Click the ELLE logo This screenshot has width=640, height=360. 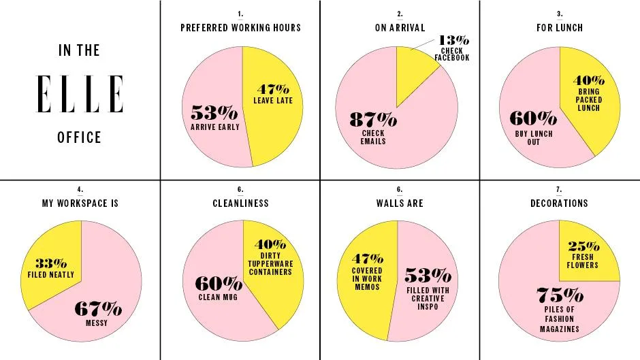coord(80,94)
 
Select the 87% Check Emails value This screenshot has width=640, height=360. coord(373,120)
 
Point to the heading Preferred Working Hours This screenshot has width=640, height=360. coord(240,28)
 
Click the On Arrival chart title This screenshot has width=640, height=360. coord(400,28)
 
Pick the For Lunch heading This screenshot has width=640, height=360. coord(560,28)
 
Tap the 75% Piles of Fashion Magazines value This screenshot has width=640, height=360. coord(560,296)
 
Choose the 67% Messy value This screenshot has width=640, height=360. coord(98,310)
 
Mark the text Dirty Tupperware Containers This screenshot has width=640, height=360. coord(276,264)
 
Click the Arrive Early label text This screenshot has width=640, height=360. coord(215,127)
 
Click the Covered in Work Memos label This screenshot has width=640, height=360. coord(367,279)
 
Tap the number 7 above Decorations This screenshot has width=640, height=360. coord(559,189)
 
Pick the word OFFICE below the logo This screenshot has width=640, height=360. coord(80,137)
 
